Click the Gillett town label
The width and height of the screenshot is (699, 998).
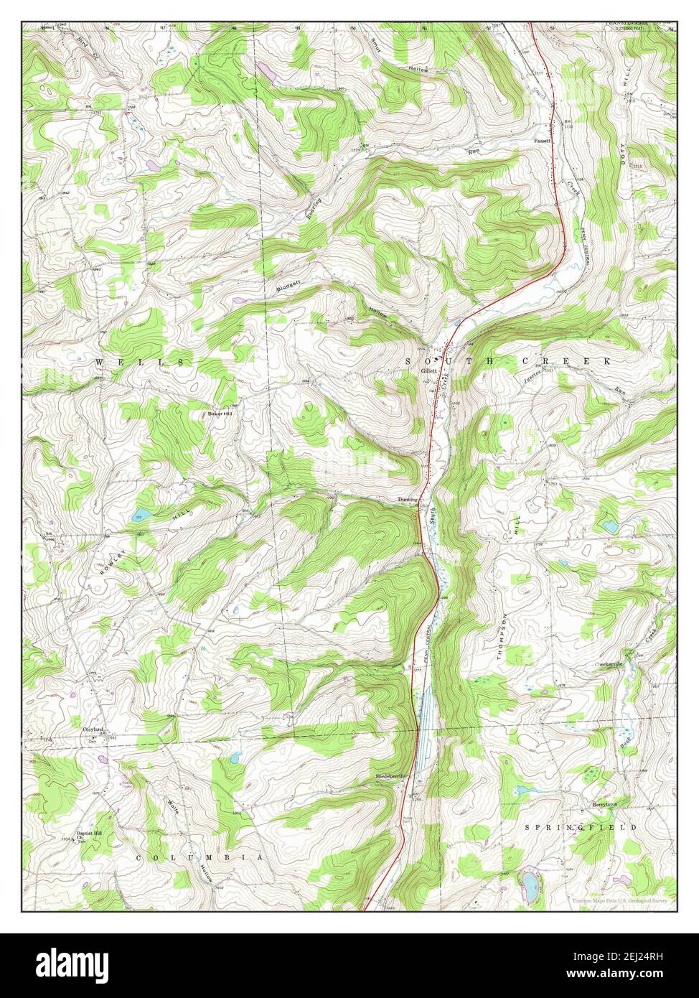[429, 370]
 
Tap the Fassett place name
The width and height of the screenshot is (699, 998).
[542, 141]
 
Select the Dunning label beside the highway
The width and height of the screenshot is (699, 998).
[407, 500]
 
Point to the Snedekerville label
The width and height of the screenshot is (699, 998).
[390, 777]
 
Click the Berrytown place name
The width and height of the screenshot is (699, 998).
[604, 805]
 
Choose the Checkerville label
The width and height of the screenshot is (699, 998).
[609, 664]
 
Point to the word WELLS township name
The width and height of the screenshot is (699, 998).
[140, 362]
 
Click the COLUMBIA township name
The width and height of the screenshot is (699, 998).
[200, 857]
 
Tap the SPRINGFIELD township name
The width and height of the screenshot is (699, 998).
[581, 827]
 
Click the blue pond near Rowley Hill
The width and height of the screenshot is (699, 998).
[141, 515]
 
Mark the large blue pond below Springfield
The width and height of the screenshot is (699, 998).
[530, 880]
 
